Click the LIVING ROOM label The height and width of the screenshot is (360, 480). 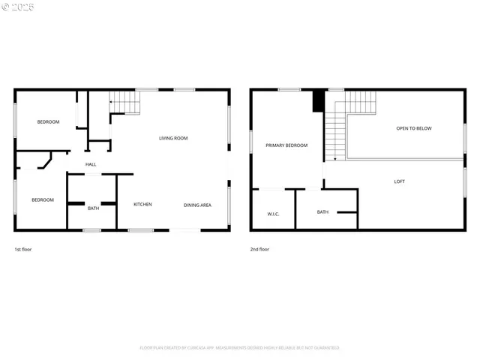[x=173, y=138]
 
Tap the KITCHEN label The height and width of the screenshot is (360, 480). [x=143, y=204]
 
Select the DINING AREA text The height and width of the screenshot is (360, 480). [x=197, y=205]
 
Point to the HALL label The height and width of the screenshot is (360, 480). [x=91, y=164]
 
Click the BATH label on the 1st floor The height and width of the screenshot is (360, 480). [x=93, y=208]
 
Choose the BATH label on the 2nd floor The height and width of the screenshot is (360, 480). [x=322, y=212]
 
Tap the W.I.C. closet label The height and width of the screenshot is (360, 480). [x=273, y=214]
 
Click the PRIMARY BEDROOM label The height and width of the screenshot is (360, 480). [x=286, y=145]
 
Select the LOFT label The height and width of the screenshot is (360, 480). [x=400, y=181]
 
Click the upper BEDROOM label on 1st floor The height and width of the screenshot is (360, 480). [x=49, y=121]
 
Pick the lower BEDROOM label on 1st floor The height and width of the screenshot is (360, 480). [x=42, y=199]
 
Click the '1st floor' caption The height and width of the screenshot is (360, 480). [x=23, y=249]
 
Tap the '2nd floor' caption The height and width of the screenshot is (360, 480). [x=259, y=249]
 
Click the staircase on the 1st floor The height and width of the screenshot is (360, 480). [x=125, y=101]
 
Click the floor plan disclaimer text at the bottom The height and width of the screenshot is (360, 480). [x=240, y=348]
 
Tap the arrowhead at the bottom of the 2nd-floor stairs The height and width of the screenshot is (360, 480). [x=334, y=159]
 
